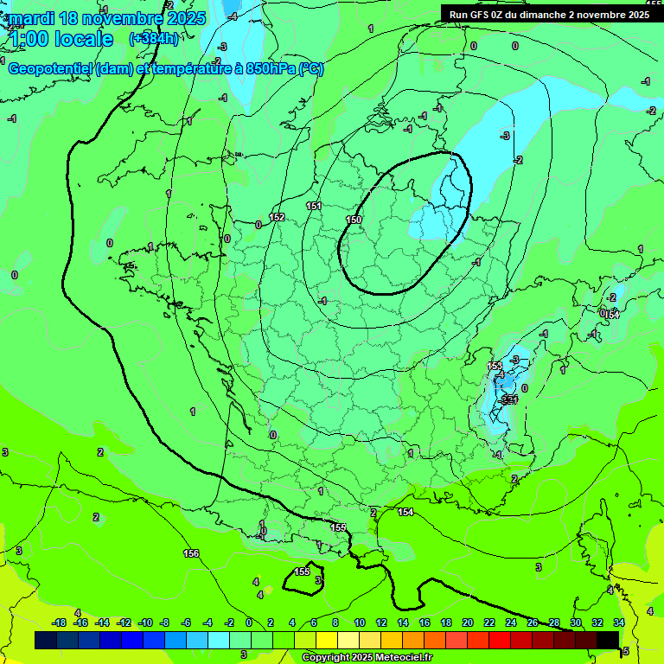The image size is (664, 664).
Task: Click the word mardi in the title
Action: [x=33, y=18]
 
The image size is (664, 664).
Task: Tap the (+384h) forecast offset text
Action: [x=154, y=39]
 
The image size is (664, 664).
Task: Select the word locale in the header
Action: [x=83, y=39]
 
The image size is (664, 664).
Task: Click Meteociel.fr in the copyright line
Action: [x=400, y=658]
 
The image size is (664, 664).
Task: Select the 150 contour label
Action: [x=354, y=220]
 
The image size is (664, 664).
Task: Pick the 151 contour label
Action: [x=314, y=206]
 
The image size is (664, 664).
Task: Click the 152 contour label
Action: [x=277, y=217]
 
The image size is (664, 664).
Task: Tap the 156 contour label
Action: [x=191, y=553]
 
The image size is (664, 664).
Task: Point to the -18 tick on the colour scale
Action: [x=59, y=622]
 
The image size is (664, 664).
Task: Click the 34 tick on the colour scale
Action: [x=619, y=622]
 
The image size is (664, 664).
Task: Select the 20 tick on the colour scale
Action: [x=467, y=622]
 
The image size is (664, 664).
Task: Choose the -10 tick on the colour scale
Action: [x=145, y=622]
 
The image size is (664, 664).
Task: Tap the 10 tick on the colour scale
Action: [x=358, y=622]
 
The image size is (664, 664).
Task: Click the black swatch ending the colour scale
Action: [x=608, y=640]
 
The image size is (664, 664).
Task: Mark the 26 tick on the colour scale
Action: [x=533, y=622]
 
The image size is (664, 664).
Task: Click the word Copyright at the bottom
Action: [x=328, y=658]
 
